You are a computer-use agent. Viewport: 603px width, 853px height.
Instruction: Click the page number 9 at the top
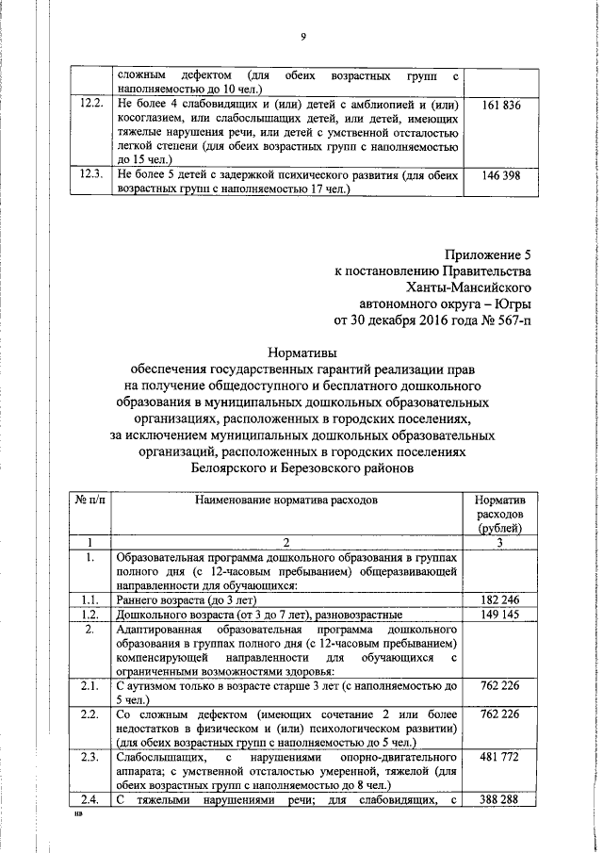pyautogui.click(x=302, y=37)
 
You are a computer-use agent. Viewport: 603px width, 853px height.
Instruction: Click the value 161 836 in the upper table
pyautogui.click(x=500, y=105)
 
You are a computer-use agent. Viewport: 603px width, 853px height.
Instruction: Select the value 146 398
pyautogui.click(x=500, y=175)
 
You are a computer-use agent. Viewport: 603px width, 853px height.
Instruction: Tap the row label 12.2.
pyautogui.click(x=90, y=105)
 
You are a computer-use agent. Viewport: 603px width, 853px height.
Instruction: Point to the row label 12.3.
pyautogui.click(x=90, y=175)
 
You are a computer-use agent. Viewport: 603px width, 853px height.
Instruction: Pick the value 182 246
pyautogui.click(x=500, y=599)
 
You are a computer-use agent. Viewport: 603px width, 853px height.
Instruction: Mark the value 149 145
pyautogui.click(x=500, y=615)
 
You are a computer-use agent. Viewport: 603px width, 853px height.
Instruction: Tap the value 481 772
pyautogui.click(x=500, y=759)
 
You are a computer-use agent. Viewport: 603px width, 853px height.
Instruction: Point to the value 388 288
pyautogui.click(x=500, y=800)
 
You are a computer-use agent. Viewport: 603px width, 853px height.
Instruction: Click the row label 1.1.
pyautogui.click(x=90, y=599)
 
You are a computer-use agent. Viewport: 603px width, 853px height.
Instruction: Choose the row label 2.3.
pyautogui.click(x=90, y=759)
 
